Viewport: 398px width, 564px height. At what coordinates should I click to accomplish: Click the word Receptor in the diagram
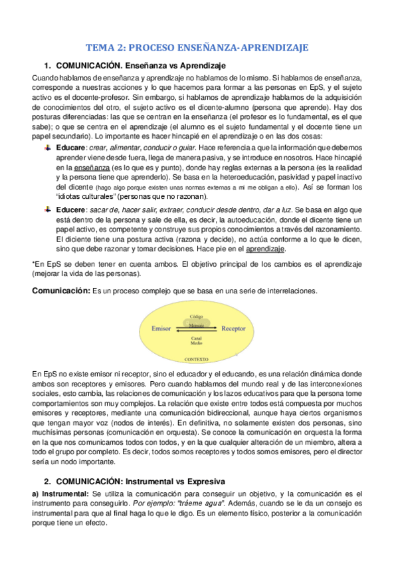(233, 329)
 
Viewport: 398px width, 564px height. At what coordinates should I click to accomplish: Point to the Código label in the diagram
(197, 317)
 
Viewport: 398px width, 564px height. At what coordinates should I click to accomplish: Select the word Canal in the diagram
(197, 337)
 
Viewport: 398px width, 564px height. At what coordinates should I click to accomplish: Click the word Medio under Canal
(197, 343)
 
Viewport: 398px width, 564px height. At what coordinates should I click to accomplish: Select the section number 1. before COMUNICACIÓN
(47, 65)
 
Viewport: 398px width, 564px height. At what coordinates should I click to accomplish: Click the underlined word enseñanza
(77, 150)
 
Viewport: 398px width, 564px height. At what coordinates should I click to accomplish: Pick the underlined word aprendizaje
(266, 249)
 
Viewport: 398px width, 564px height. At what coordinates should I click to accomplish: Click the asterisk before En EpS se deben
(34, 263)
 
